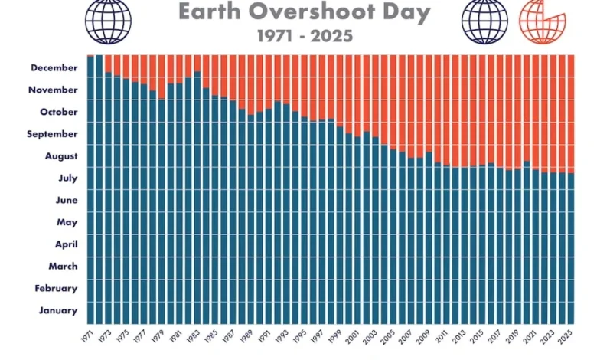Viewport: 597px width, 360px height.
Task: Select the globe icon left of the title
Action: point(108,19)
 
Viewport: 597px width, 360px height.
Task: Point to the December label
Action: point(54,68)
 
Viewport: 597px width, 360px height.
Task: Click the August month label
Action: point(60,156)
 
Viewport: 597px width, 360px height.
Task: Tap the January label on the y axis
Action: point(59,310)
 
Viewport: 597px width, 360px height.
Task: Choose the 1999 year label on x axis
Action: point(334,337)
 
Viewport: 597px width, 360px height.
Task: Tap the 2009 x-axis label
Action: point(423,337)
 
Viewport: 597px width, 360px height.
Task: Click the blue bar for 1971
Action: point(90,191)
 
